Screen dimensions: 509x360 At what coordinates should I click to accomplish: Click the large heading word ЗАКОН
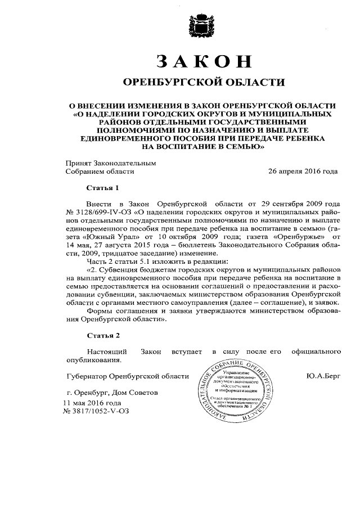click(x=204, y=61)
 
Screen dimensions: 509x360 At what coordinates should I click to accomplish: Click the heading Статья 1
click(x=103, y=187)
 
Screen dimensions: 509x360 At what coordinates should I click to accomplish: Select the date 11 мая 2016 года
click(x=92, y=403)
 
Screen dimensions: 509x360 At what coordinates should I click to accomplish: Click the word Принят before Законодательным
click(x=77, y=163)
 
